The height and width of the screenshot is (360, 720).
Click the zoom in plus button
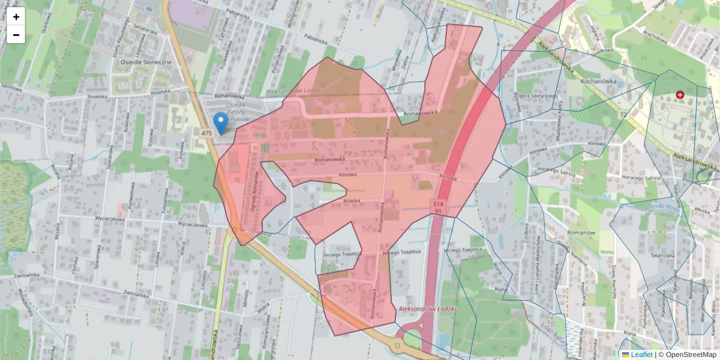[16, 17]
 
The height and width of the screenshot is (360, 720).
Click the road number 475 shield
[207, 133]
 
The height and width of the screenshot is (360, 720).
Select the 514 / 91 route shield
[439, 208]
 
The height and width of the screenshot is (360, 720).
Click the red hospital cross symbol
[680, 95]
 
